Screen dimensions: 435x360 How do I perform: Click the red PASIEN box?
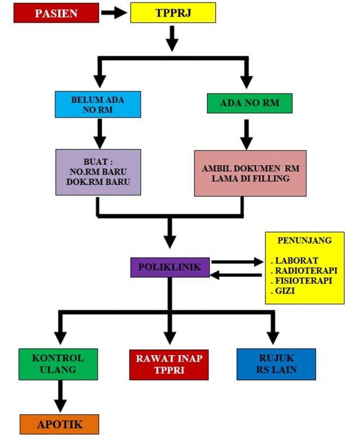point(56,13)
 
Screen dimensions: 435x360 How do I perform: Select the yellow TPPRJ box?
point(172,13)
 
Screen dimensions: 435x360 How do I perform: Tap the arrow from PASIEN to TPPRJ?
point(114,13)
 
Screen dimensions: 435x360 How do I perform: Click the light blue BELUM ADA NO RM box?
point(98,104)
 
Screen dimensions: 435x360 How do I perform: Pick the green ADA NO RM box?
point(249,103)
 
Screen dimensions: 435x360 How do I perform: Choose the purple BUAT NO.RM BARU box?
point(98,172)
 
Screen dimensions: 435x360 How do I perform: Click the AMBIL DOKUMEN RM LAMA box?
point(250,173)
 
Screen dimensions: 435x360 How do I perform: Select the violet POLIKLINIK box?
point(170,267)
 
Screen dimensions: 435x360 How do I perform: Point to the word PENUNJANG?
point(305,241)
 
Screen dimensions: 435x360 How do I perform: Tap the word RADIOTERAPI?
point(306,271)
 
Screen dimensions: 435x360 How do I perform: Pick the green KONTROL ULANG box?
point(58,364)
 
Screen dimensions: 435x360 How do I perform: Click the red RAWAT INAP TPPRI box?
point(169,364)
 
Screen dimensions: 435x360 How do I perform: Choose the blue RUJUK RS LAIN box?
point(276,364)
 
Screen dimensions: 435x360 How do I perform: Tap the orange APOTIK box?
point(60,424)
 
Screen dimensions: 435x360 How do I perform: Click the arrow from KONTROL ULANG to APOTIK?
point(60,396)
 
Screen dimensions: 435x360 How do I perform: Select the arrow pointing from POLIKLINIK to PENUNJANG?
point(237,262)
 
